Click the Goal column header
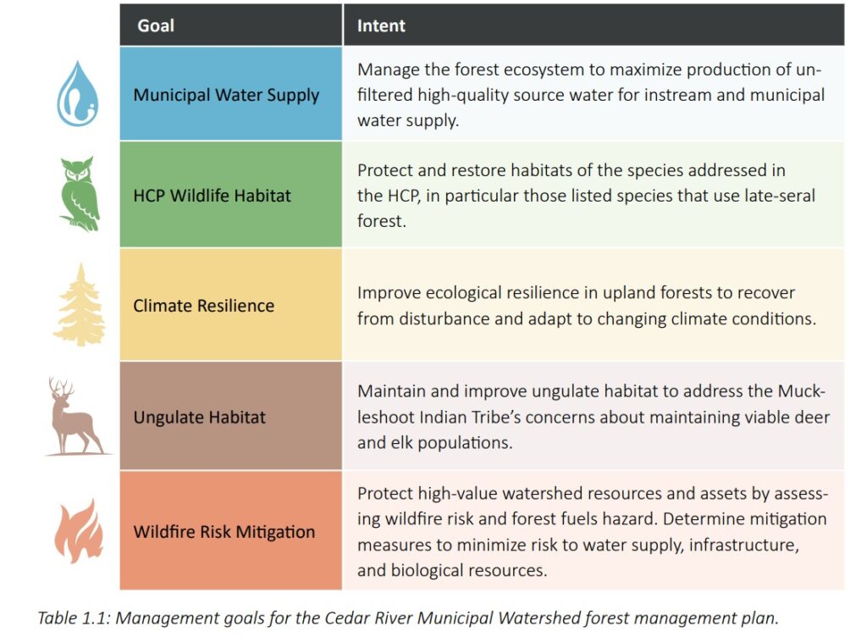click(x=156, y=25)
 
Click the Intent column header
click(x=381, y=25)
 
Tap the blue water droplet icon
click(x=77, y=93)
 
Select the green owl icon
click(x=79, y=193)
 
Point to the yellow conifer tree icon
click(x=80, y=305)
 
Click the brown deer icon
click(x=76, y=416)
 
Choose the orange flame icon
click(x=79, y=530)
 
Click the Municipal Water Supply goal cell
click(x=231, y=93)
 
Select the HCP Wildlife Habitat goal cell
click(x=231, y=194)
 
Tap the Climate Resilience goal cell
click(x=231, y=305)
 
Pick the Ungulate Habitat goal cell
click(x=231, y=416)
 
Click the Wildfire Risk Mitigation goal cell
click(x=231, y=530)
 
